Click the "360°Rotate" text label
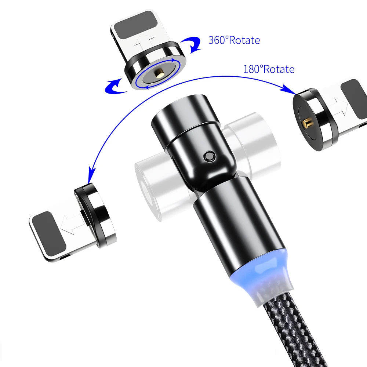pyautogui.click(x=234, y=40)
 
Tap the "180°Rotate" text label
pyautogui.click(x=269, y=69)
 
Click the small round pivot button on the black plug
pyautogui.click(x=209, y=156)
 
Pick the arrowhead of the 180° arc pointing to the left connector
pyautogui.click(x=91, y=174)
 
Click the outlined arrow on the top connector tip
pyautogui.click(x=144, y=42)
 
